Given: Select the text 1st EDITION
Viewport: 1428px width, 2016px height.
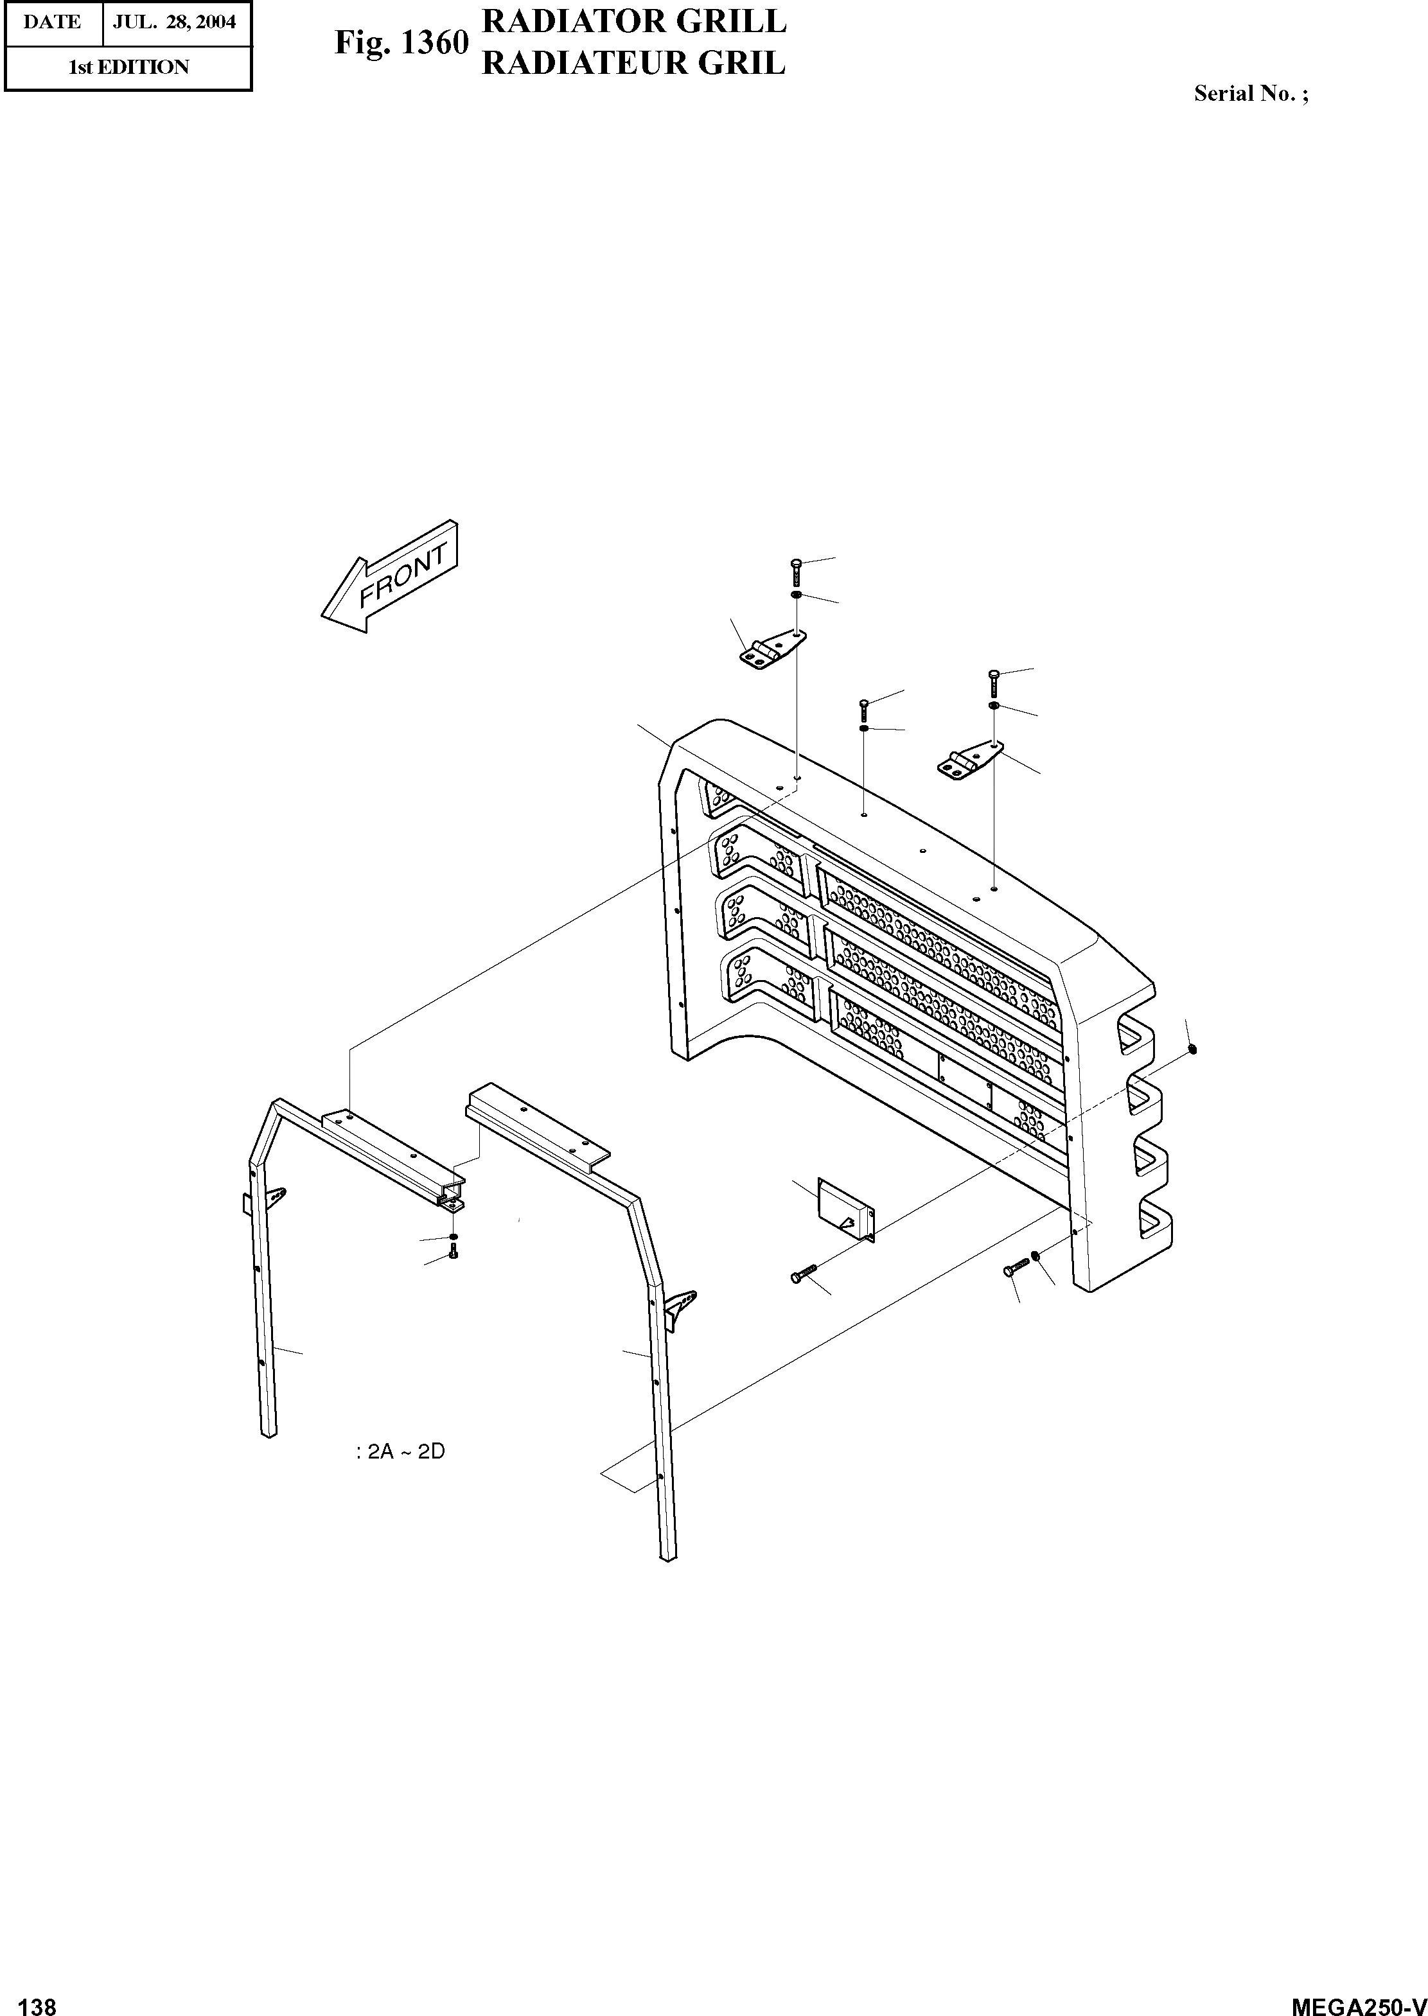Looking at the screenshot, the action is click(x=128, y=67).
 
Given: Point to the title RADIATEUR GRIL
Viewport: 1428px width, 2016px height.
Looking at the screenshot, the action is click(x=633, y=64).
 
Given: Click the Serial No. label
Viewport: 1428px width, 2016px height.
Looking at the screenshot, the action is click(x=1249, y=94).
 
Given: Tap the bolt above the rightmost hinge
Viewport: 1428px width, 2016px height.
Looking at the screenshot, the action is click(x=994, y=681).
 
